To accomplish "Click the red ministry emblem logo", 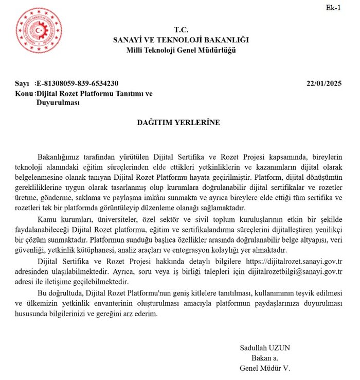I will [39, 30].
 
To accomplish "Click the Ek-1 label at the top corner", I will [333, 7].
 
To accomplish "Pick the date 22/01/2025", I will [324, 83].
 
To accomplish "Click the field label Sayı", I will [23, 83].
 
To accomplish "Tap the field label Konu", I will [24, 93].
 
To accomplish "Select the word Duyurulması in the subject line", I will [57, 102].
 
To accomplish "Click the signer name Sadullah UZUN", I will [265, 348].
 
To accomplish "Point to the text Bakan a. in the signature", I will [264, 358].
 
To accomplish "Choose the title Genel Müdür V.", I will [265, 368].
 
